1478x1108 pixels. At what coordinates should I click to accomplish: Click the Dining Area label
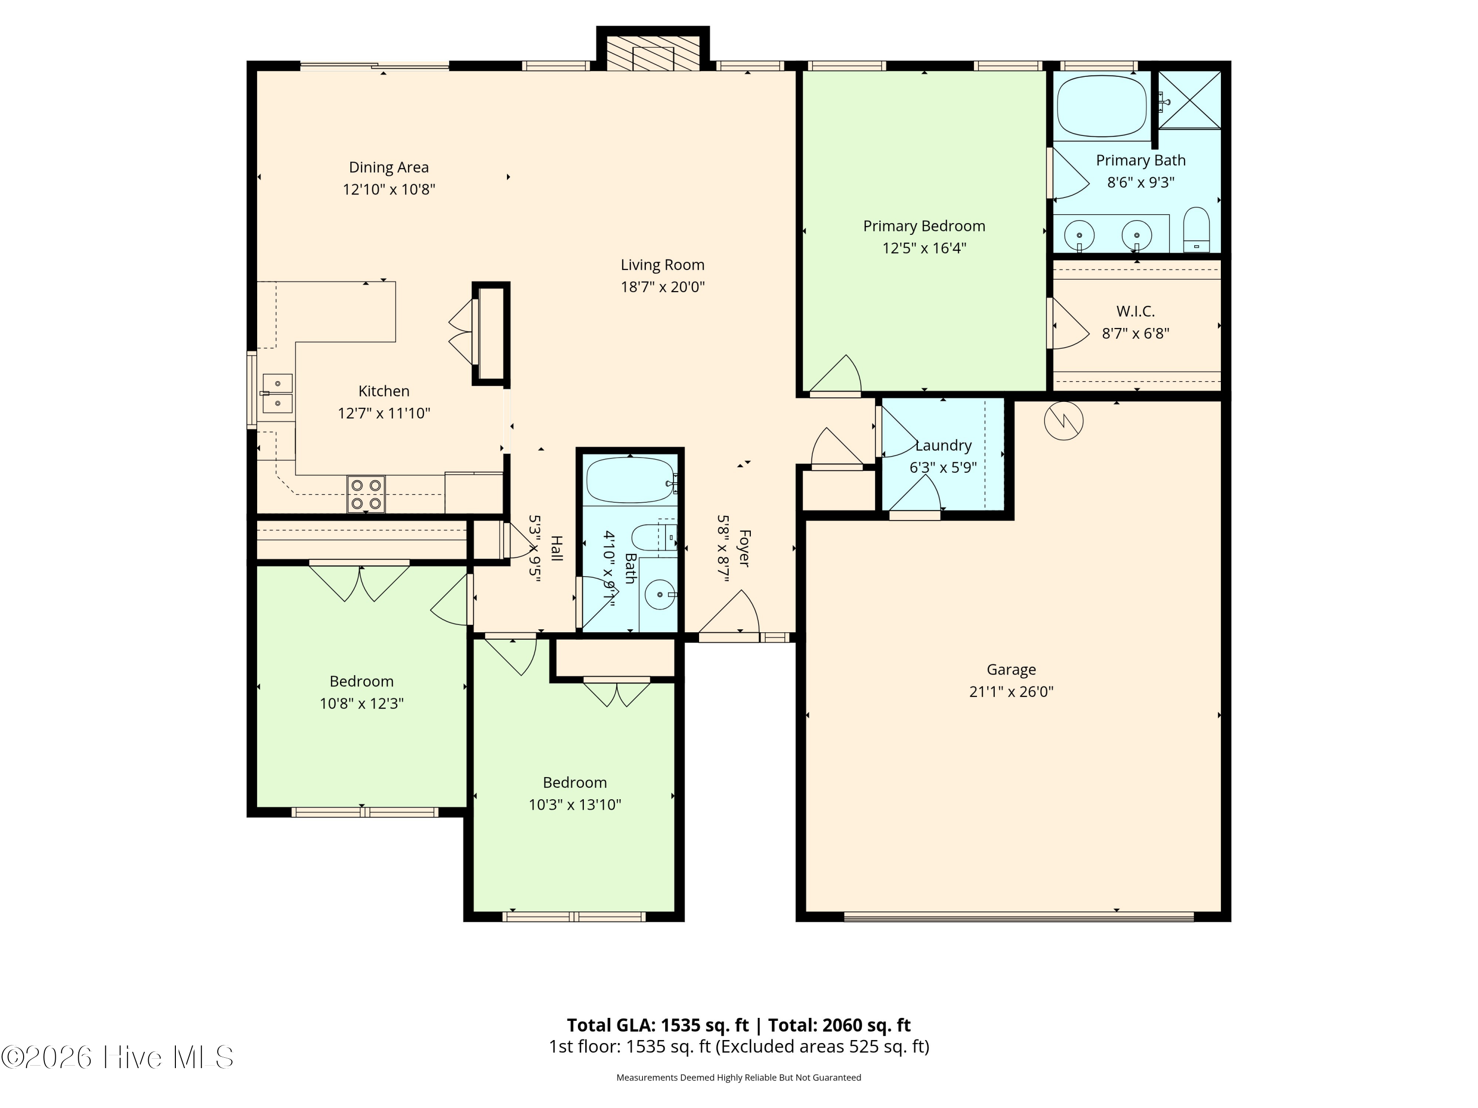389,167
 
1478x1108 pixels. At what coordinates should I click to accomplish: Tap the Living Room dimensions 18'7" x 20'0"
663,287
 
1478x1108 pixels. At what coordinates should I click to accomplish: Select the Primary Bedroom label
924,227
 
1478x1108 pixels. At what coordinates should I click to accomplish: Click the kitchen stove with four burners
366,494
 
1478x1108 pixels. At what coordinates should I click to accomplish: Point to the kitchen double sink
277,393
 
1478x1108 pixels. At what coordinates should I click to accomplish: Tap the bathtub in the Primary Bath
1102,107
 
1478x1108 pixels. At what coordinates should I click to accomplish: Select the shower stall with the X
1189,99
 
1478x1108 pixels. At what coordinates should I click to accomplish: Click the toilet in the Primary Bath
1196,230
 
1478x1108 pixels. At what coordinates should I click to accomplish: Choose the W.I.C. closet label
1135,311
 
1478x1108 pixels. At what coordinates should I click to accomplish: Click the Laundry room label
943,446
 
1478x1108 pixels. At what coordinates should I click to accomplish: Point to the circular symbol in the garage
1064,421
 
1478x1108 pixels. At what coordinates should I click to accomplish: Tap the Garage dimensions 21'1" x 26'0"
1011,692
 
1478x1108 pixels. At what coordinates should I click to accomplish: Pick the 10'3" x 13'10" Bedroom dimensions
574,805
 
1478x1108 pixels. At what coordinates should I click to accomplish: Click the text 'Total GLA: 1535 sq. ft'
658,1025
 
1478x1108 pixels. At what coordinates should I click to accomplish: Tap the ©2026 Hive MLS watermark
118,1057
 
